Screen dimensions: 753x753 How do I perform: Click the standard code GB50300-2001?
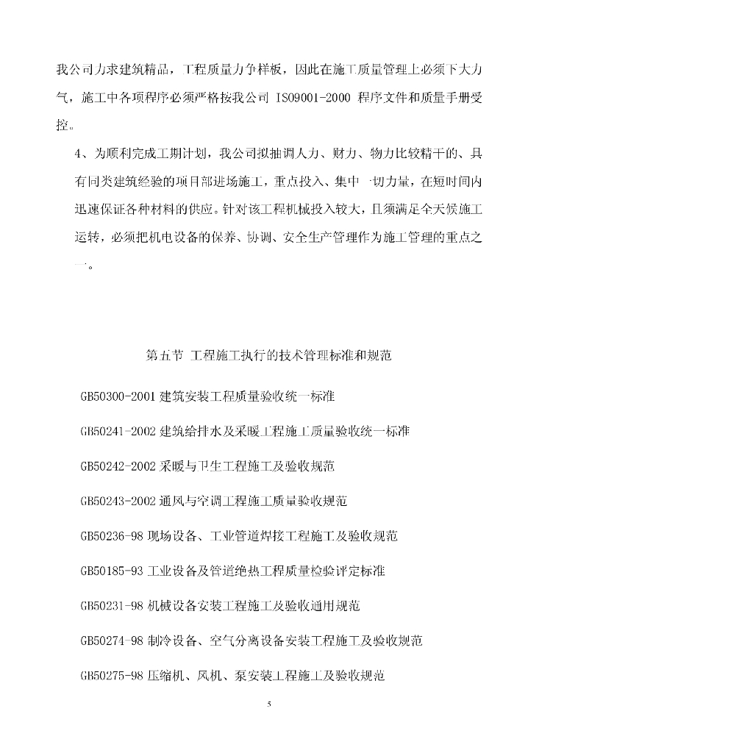pyautogui.click(x=118, y=396)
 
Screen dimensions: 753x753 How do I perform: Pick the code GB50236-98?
pyautogui.click(x=112, y=536)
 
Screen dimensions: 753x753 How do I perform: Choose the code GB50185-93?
pyautogui.click(x=112, y=571)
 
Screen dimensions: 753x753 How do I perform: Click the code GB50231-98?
pyautogui.click(x=112, y=606)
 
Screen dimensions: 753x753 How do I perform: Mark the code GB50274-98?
pyautogui.click(x=112, y=640)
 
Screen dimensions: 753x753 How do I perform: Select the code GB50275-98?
pyautogui.click(x=112, y=676)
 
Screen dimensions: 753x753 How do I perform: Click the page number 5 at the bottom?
pyautogui.click(x=269, y=704)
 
